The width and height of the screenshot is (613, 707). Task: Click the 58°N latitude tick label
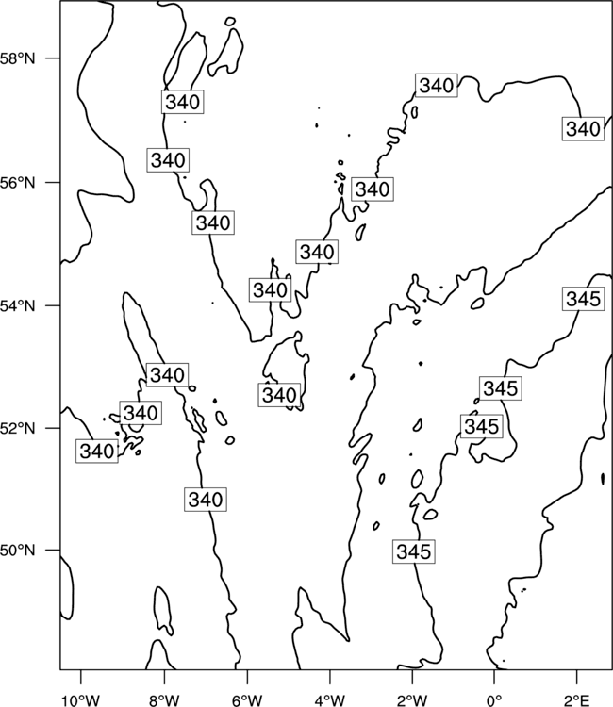(17, 58)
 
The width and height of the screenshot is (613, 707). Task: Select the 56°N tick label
(17, 183)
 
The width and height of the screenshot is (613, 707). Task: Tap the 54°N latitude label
(17, 306)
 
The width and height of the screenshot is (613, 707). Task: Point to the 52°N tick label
(17, 428)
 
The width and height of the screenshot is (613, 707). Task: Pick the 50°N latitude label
(17, 551)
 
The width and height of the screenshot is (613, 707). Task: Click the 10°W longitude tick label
(81, 700)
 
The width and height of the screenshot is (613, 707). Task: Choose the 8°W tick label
(164, 700)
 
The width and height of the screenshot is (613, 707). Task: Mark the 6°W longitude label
(247, 700)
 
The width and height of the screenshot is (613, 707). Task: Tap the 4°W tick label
(329, 700)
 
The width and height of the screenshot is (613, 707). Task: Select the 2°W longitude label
(412, 700)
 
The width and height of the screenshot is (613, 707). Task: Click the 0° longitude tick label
(494, 700)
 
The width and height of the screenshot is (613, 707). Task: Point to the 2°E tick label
(577, 700)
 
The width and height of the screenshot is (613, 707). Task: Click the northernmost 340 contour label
(437, 85)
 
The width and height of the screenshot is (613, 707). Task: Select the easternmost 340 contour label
(583, 128)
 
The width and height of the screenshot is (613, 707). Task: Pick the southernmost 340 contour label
(206, 500)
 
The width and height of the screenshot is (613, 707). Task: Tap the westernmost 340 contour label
(96, 451)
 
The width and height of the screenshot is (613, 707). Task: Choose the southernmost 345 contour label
(414, 551)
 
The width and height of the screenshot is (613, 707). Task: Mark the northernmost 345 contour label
(583, 299)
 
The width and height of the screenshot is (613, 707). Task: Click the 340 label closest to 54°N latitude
(270, 290)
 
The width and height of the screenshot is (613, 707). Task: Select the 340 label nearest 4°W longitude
(317, 252)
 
